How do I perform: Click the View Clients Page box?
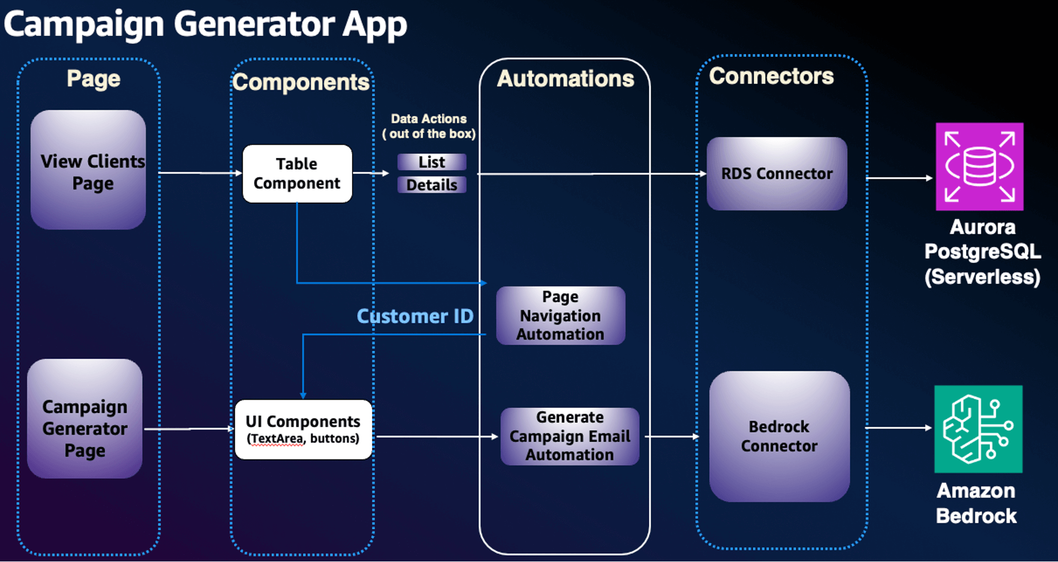[88, 170]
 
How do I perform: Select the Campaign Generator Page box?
[85, 419]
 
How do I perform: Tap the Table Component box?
[297, 173]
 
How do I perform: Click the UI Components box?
[303, 430]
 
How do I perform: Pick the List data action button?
[431, 162]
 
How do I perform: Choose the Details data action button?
[431, 185]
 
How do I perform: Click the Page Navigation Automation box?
[560, 315]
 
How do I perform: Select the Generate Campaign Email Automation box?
[569, 436]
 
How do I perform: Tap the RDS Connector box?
[777, 173]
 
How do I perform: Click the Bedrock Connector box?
[779, 436]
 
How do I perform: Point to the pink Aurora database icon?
[979, 167]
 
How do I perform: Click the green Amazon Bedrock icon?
[978, 429]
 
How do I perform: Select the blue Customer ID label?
[415, 316]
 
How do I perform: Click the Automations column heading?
[565, 78]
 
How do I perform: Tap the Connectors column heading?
[771, 76]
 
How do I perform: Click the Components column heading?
[301, 82]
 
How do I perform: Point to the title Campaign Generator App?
[205, 24]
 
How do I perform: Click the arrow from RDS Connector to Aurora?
[899, 178]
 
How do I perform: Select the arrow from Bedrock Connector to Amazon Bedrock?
[898, 427]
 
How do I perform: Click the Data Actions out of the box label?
[429, 126]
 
